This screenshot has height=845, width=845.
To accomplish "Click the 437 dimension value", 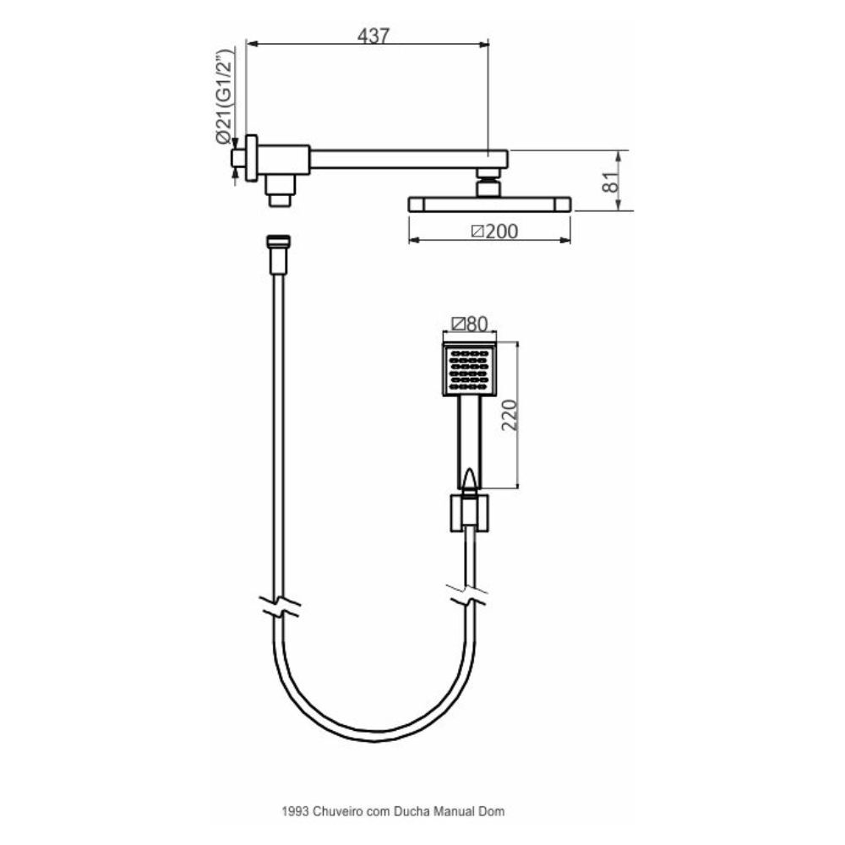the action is (373, 35).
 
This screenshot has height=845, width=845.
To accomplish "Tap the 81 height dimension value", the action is (610, 183).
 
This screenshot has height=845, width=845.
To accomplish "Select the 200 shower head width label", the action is (494, 232).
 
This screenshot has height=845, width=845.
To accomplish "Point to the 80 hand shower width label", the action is (470, 324).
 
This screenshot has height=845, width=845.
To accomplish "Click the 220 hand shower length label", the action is (510, 415).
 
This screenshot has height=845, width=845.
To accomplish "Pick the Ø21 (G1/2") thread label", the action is (224, 97).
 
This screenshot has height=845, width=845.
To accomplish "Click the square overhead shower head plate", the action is (489, 204).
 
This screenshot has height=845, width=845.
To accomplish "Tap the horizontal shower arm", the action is (408, 159).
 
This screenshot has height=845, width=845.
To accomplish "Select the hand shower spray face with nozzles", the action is (469, 369).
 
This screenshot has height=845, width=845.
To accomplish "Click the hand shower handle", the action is (469, 443).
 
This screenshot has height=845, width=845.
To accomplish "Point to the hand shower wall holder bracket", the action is (469, 513).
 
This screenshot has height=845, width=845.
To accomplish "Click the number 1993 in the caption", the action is (295, 811).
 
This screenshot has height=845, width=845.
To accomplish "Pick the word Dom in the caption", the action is (492, 811).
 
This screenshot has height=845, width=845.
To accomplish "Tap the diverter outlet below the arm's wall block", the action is (281, 190).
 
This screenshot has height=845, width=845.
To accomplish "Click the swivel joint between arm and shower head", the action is (489, 183).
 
